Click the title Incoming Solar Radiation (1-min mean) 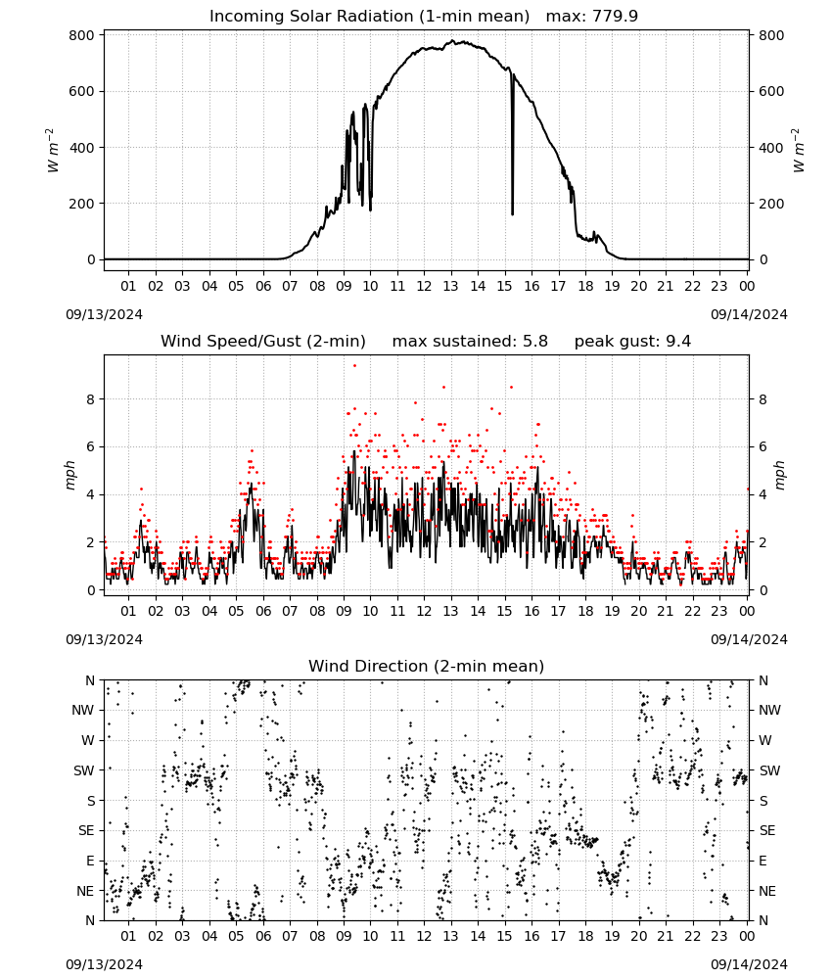[x=369, y=17]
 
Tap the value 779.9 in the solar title [x=615, y=17]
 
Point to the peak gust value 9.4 [x=677, y=342]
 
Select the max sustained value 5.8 [x=534, y=342]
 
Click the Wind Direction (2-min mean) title [x=427, y=666]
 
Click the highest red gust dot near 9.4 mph [x=354, y=365]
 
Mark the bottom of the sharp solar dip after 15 [x=513, y=214]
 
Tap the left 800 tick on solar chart [x=82, y=35]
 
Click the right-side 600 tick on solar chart [x=771, y=91]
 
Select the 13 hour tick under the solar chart [x=450, y=286]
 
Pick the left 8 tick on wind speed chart [x=91, y=399]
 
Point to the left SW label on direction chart [x=84, y=771]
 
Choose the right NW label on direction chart [x=769, y=711]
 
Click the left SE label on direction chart [x=86, y=831]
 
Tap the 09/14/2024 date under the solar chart [x=749, y=314]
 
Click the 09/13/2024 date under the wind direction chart [x=104, y=964]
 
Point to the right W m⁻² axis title [x=799, y=151]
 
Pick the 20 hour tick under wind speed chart [x=638, y=611]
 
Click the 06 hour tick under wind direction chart [x=263, y=937]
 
